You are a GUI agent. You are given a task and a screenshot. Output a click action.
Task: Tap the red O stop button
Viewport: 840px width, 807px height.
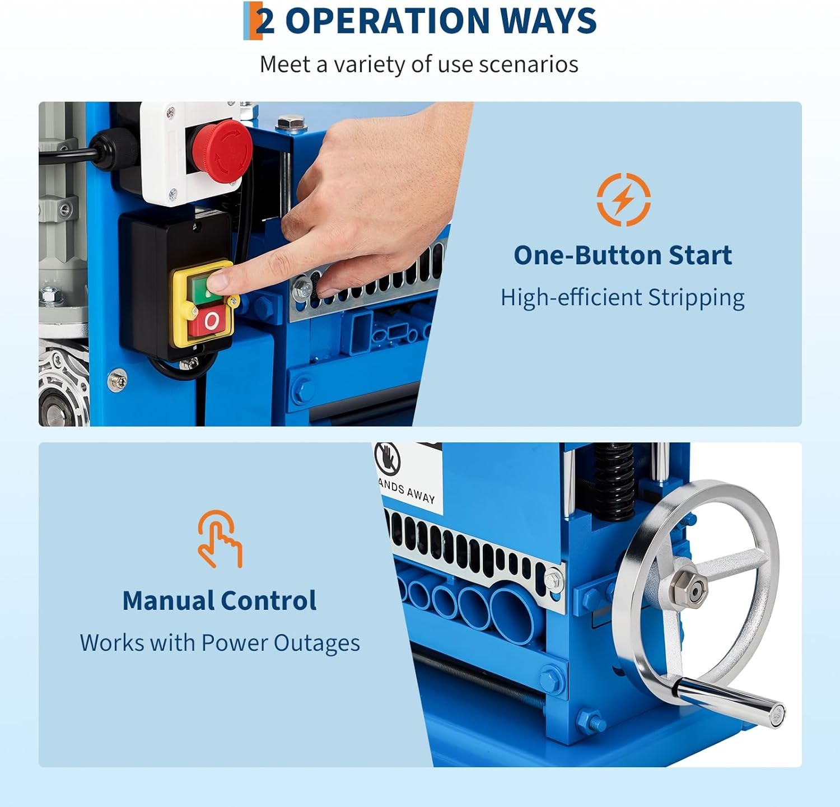(211, 321)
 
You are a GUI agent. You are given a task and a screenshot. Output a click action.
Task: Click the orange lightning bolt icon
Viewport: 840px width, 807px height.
(623, 199)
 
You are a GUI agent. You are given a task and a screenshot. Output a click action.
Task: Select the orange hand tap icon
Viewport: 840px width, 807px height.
(219, 539)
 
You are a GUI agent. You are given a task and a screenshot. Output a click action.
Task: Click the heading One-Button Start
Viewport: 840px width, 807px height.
(622, 255)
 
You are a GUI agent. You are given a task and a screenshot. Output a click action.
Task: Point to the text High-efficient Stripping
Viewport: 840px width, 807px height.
(622, 297)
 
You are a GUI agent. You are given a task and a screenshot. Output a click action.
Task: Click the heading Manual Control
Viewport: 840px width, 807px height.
(219, 601)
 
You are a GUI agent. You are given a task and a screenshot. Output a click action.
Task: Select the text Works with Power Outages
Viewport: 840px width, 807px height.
(220, 643)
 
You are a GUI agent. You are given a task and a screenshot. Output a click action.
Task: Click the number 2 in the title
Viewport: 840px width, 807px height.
(264, 21)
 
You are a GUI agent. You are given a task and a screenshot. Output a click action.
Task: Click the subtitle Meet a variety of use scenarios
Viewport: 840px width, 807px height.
(419, 64)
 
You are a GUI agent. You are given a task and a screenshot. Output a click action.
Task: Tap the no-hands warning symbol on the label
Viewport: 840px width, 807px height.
(388, 458)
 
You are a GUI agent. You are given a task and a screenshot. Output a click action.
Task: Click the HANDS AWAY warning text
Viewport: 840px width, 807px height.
(407, 491)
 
